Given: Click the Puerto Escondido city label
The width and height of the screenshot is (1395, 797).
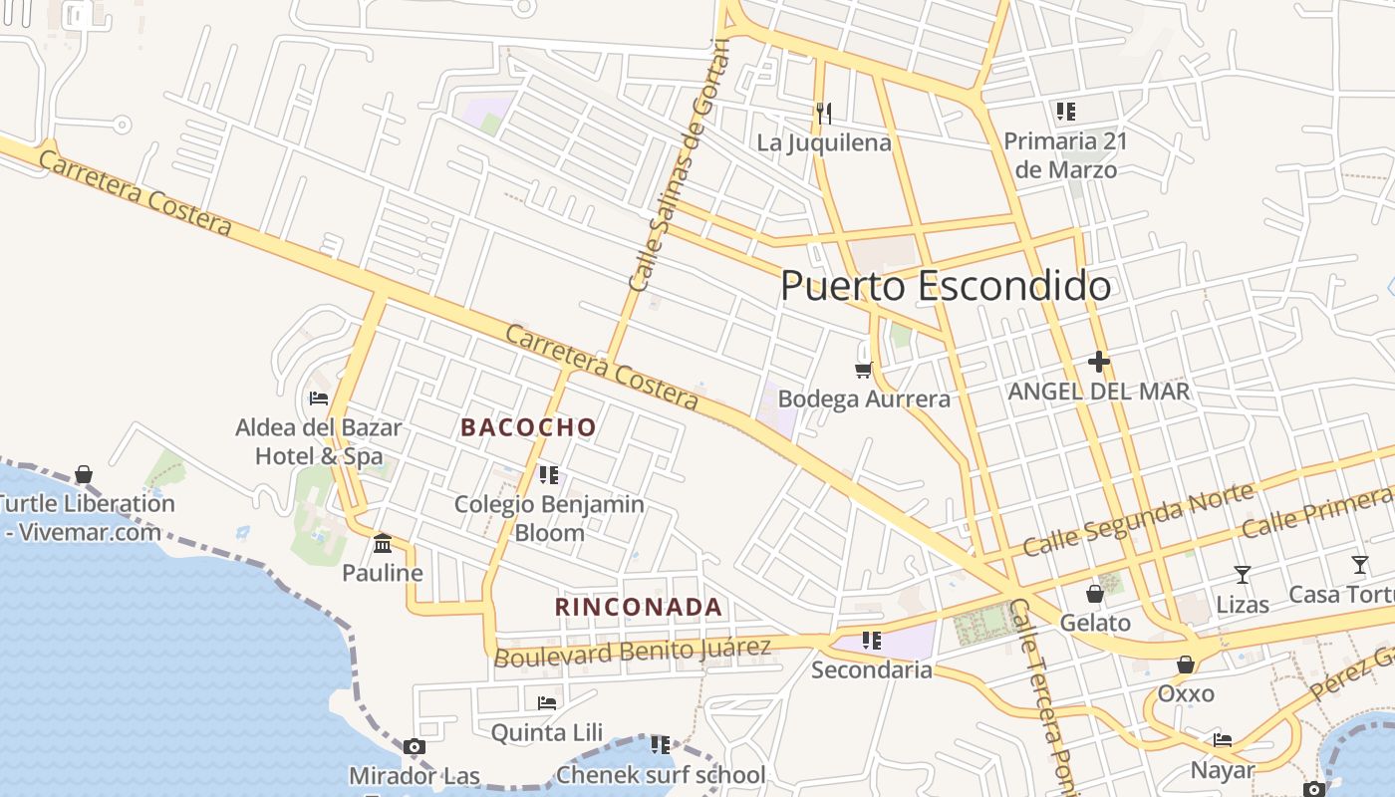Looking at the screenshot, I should click(945, 287).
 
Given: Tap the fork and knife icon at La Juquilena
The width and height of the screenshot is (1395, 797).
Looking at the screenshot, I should click(823, 113).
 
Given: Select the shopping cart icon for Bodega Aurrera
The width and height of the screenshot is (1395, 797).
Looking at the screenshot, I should click(863, 370).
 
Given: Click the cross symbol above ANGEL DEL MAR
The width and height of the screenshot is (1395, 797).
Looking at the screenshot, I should click(1099, 361).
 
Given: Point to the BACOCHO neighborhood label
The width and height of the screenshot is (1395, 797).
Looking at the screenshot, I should click(528, 427).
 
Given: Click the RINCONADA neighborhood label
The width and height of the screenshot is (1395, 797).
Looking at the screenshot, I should click(638, 607).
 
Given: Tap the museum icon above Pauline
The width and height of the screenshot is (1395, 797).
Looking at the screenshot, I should click(382, 543).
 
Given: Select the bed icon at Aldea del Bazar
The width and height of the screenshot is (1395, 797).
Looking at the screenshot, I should click(319, 398).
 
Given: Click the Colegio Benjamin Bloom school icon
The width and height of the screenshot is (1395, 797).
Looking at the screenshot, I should click(548, 474).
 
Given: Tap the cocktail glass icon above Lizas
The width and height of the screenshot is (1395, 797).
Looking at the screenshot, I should click(1242, 574).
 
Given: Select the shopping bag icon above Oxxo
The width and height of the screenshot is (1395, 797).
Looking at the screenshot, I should click(1186, 664).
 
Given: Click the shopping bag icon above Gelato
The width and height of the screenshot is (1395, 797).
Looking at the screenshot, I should click(1094, 594).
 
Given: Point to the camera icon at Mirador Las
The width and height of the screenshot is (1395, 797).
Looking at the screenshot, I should click(415, 746).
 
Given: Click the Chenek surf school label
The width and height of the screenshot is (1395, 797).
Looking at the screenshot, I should click(661, 775).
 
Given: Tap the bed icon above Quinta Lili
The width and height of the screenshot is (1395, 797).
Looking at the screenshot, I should click(546, 702).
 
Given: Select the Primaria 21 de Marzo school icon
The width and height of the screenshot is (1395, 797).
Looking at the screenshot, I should click(1065, 111).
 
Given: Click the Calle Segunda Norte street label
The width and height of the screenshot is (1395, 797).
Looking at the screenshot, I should click(1138, 520).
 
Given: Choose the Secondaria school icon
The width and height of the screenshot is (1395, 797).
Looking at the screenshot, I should click(872, 640).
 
